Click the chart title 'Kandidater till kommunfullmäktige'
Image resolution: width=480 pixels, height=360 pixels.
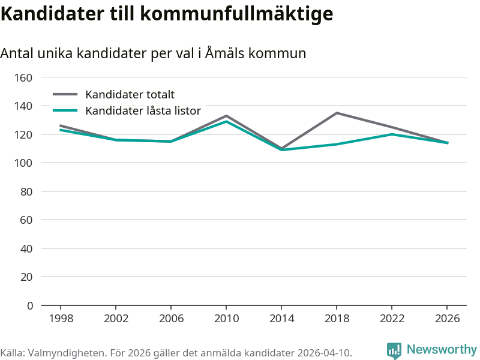point(167,14)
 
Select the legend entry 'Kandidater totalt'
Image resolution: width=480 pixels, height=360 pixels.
point(130,94)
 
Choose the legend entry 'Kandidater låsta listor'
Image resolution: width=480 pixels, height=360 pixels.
point(143,110)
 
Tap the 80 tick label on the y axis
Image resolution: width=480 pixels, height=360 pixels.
point(26,191)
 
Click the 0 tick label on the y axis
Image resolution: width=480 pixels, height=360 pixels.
point(30,305)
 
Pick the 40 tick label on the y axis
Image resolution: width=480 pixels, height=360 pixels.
point(26,248)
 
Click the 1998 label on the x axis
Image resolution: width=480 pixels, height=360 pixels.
point(61,318)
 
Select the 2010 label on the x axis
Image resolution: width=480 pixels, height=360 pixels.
point(226,318)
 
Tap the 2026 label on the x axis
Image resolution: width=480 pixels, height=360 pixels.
point(447,318)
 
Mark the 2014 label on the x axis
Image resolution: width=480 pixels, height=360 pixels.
point(281,318)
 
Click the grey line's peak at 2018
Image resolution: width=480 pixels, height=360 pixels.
point(337,113)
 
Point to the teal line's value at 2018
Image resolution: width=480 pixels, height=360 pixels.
point(337,144)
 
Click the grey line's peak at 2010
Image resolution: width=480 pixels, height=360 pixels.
point(226,116)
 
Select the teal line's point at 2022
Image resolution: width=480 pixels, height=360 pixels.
point(392,134)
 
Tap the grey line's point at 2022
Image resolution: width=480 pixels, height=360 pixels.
point(392,127)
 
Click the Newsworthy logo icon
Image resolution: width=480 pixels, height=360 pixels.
point(394,350)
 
